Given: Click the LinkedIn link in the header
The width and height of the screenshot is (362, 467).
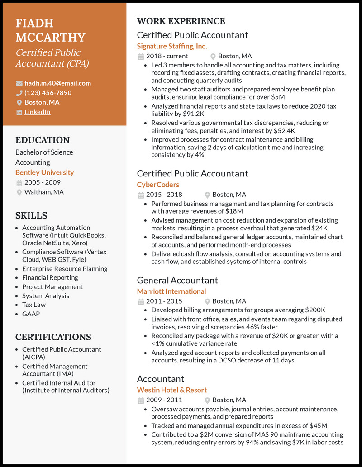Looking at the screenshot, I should pyautogui.click(x=37, y=112).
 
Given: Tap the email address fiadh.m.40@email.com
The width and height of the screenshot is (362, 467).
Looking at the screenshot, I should pyautogui.click(x=57, y=83).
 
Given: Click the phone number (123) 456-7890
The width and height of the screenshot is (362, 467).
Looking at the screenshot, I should pyautogui.click(x=48, y=93).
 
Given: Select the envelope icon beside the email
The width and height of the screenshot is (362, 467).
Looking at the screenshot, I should pyautogui.click(x=19, y=83).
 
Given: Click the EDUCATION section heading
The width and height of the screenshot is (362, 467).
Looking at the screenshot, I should pyautogui.click(x=43, y=140).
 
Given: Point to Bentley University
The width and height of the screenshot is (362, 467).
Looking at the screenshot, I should pyautogui.click(x=44, y=172).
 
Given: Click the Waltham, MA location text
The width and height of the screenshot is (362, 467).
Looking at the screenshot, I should pyautogui.click(x=44, y=192).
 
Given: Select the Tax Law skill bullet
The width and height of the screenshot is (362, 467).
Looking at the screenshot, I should pyautogui.click(x=34, y=305).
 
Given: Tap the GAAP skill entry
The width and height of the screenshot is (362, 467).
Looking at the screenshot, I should pyautogui.click(x=31, y=314).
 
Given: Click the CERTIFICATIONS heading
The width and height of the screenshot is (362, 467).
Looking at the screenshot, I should pyautogui.click(x=53, y=337).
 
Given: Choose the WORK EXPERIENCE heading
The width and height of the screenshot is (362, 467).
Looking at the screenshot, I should pyautogui.click(x=181, y=21).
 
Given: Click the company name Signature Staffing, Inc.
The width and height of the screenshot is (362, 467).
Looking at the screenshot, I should pyautogui.click(x=172, y=46).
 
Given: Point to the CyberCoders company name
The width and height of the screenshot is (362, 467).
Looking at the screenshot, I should pyautogui.click(x=158, y=185).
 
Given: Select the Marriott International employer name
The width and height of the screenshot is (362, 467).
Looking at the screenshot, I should pyautogui.click(x=171, y=291).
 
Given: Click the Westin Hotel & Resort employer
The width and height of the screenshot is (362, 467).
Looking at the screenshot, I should pyautogui.click(x=172, y=390).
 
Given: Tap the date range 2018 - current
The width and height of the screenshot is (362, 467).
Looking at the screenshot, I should pyautogui.click(x=167, y=56).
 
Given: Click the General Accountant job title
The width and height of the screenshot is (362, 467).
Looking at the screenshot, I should pyautogui.click(x=177, y=280).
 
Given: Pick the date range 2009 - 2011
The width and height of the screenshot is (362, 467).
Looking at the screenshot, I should pyautogui.click(x=164, y=400).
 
